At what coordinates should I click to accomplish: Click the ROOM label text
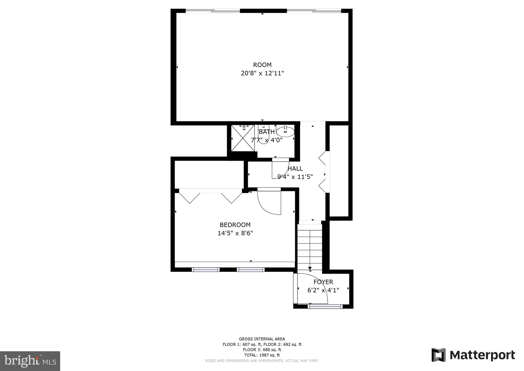(262, 65)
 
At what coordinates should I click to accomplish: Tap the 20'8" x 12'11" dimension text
(262, 74)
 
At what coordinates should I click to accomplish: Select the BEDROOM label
(235, 225)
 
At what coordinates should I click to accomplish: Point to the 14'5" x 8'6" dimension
(235, 233)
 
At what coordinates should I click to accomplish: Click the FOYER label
(323, 282)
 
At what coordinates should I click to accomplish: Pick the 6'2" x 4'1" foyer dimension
(323, 290)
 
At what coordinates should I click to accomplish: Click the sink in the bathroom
(285, 132)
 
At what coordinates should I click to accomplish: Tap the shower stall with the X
(243, 138)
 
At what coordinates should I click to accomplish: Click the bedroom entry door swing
(269, 202)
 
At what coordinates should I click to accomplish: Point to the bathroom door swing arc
(280, 169)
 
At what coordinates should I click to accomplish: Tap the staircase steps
(310, 246)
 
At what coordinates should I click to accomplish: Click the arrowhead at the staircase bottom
(310, 268)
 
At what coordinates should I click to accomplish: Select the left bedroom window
(205, 270)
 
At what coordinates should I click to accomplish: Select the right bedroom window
(250, 270)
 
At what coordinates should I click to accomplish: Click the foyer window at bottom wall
(325, 306)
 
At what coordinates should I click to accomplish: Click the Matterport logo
(473, 355)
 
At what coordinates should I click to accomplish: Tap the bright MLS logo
(30, 361)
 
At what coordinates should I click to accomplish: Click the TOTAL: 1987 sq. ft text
(262, 355)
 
